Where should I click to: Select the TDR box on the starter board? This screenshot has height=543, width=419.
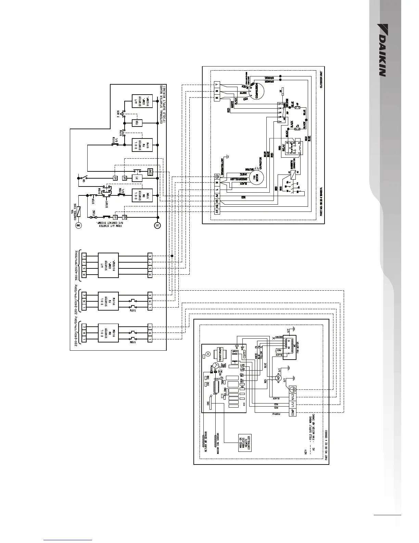[137, 123]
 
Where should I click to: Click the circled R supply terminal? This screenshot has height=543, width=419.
[78, 225]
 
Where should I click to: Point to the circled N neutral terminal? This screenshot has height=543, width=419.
[158, 225]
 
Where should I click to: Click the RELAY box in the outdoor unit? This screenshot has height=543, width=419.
[291, 148]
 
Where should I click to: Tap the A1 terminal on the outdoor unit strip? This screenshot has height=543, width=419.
[217, 212]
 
